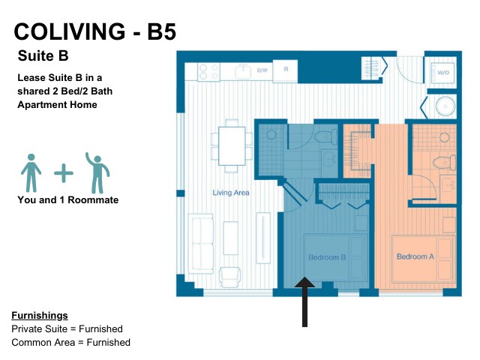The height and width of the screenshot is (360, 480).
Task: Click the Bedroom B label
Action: pyautogui.click(x=327, y=257)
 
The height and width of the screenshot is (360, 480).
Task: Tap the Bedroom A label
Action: pyautogui.click(x=415, y=256)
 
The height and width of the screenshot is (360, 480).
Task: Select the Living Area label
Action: pyautogui.click(x=231, y=193)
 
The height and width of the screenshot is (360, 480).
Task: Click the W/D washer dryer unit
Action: pyautogui.click(x=443, y=73)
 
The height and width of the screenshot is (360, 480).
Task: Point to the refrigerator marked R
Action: pyautogui.click(x=285, y=70)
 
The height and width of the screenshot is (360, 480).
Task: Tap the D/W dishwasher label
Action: pyautogui.click(x=262, y=70)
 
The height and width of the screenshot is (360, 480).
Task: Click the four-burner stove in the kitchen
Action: pyautogui.click(x=208, y=72)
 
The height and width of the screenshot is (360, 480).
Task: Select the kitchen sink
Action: pyautogui.click(x=243, y=72)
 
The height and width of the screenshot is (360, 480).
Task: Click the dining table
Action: pyautogui.click(x=232, y=146)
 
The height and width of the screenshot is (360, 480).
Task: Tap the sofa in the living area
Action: pyautogui.click(x=201, y=243)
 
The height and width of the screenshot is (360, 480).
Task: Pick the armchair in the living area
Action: pyautogui.click(x=230, y=277)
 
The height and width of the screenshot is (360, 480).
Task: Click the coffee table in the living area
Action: pyautogui.click(x=230, y=238)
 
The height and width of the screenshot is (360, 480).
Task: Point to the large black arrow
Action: pyautogui.click(x=304, y=301)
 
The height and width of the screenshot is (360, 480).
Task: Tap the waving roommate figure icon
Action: pyautogui.click(x=97, y=172)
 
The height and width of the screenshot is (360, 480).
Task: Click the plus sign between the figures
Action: pyautogui.click(x=64, y=173)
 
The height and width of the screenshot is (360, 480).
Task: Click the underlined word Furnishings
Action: pyautogui.click(x=40, y=315)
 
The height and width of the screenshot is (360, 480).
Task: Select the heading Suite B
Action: pyautogui.click(x=43, y=55)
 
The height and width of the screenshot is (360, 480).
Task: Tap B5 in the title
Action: pyautogui.click(x=162, y=31)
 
